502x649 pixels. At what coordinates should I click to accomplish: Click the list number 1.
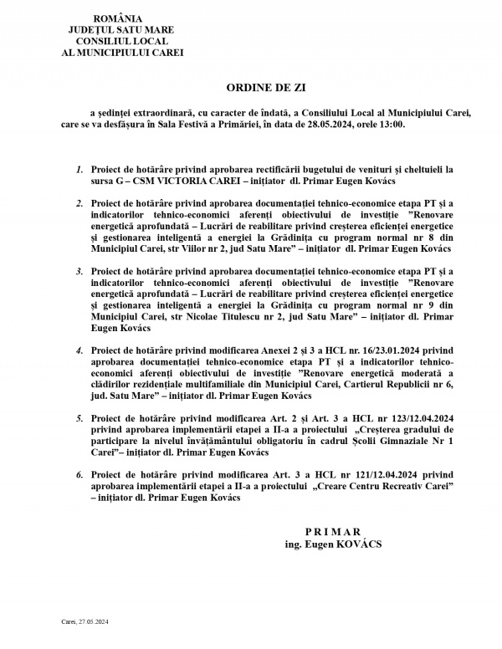point(79,168)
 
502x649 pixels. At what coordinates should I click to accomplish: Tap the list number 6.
point(79,474)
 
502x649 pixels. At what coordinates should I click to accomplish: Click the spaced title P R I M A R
point(332,531)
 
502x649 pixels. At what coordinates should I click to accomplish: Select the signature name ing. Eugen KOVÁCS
point(332,543)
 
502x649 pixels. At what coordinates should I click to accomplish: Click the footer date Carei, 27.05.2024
point(86,621)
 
